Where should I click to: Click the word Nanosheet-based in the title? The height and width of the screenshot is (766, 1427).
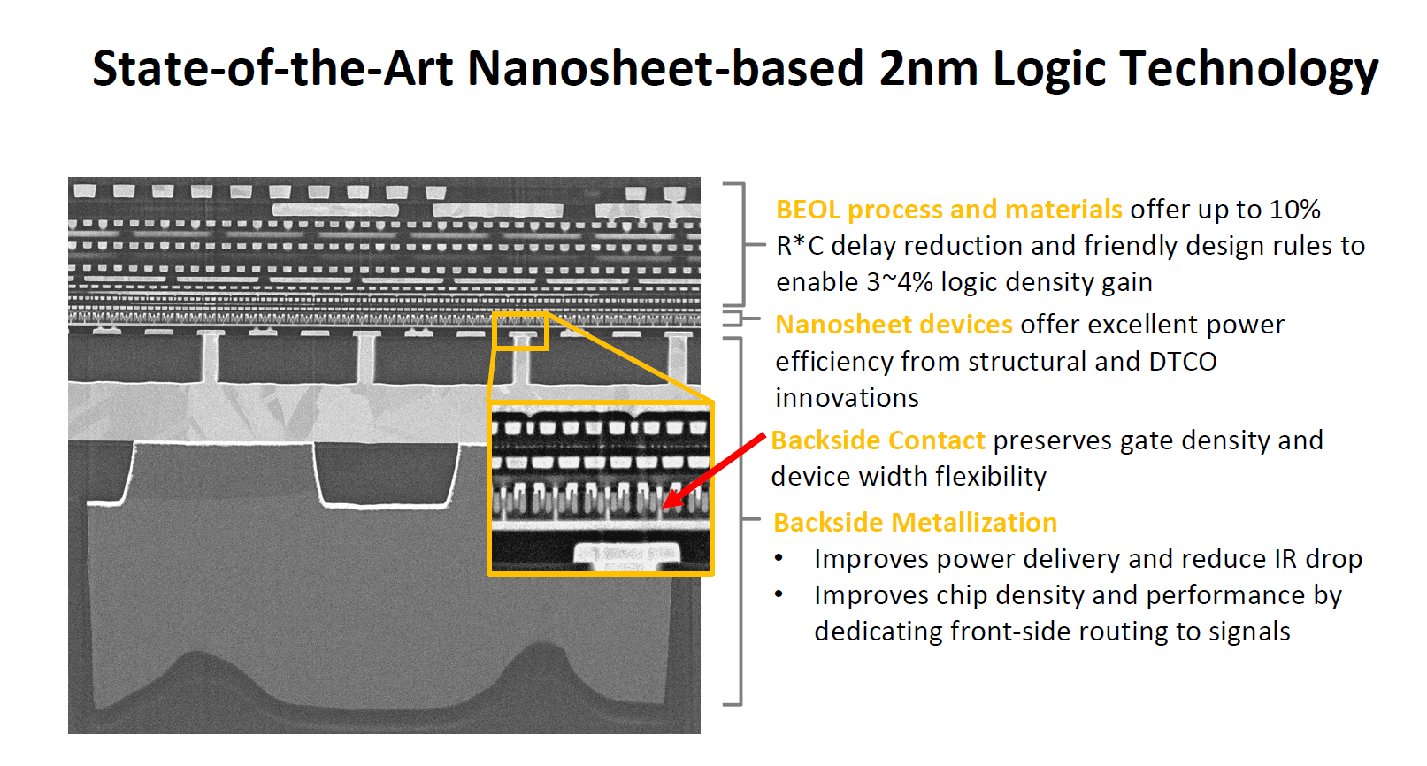click(x=665, y=69)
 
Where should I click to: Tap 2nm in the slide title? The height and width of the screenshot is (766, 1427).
click(x=928, y=69)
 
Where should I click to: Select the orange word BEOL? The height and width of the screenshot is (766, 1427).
click(x=807, y=210)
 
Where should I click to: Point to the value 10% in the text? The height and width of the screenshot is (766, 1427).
click(x=1295, y=210)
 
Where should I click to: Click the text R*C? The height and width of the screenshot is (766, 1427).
click(x=800, y=246)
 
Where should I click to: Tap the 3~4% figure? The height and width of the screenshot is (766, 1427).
click(x=899, y=282)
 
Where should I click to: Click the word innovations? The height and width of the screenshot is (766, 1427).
click(x=847, y=398)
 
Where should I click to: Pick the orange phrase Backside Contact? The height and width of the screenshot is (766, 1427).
click(x=878, y=440)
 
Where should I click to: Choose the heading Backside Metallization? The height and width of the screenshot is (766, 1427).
click(x=916, y=523)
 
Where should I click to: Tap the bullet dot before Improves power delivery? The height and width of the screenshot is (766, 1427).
click(x=779, y=559)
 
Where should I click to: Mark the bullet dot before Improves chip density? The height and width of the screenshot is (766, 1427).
click(x=779, y=595)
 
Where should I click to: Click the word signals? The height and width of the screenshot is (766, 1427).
click(x=1251, y=632)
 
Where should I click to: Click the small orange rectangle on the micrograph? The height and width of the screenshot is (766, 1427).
click(x=521, y=332)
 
